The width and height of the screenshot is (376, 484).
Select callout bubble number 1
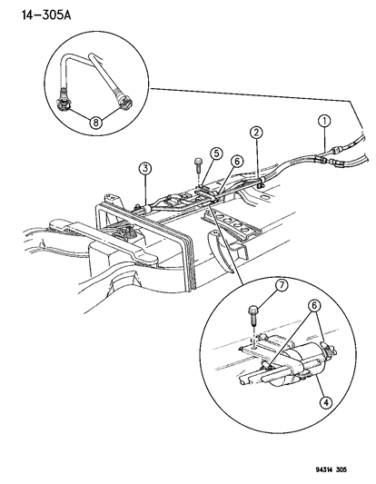coord(322,120)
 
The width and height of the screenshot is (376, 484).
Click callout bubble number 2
coord(257,133)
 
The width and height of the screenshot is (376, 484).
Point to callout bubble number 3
coord(144,168)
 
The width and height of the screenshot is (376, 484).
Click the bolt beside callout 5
coord(197,164)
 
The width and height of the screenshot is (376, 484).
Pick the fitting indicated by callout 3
coord(142,207)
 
